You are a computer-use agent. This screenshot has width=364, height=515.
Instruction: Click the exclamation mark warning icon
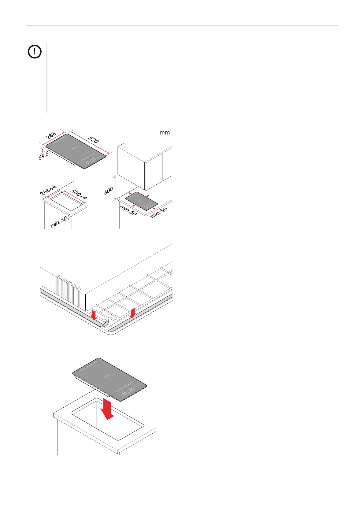click(x=35, y=52)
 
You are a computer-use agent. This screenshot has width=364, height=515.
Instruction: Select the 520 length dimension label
click(x=94, y=140)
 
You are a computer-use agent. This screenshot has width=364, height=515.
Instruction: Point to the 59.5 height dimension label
click(x=44, y=156)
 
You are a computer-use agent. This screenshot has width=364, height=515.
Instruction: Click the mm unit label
click(x=165, y=133)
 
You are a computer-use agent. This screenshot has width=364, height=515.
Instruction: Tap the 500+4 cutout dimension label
click(x=79, y=195)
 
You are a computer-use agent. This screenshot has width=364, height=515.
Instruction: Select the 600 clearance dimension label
click(x=109, y=191)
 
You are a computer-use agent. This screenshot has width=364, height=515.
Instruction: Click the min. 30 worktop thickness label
click(x=59, y=222)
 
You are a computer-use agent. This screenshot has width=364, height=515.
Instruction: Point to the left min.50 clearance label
click(x=128, y=210)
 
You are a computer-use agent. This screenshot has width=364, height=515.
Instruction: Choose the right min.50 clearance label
click(x=159, y=212)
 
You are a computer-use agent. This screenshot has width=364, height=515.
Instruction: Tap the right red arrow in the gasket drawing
click(x=132, y=313)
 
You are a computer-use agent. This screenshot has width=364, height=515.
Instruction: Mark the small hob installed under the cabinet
click(x=141, y=200)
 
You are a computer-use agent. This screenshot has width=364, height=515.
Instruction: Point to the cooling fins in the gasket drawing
click(x=69, y=291)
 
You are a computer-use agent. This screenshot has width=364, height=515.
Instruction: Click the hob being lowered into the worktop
click(x=109, y=379)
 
